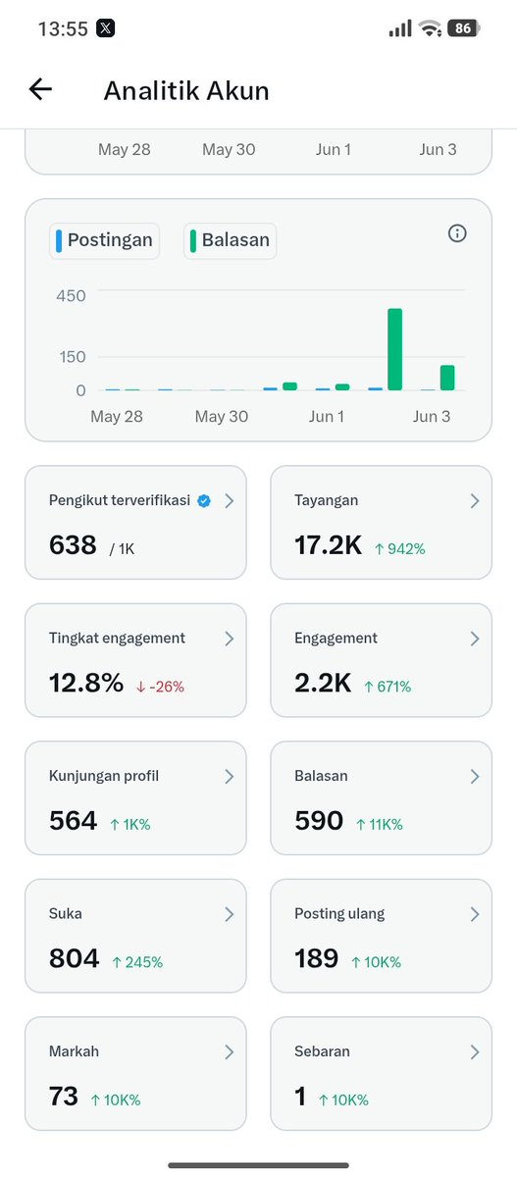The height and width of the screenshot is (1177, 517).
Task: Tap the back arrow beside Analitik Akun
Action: click(x=40, y=89)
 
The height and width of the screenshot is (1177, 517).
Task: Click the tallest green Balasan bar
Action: click(x=395, y=349)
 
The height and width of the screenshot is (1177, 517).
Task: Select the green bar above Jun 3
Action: click(x=447, y=378)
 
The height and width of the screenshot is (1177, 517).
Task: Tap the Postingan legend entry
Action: click(x=105, y=240)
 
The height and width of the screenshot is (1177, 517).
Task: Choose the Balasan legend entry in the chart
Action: click(x=231, y=240)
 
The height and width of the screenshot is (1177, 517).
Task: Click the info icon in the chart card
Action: click(x=457, y=233)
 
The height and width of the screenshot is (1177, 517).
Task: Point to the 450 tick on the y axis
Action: click(x=71, y=296)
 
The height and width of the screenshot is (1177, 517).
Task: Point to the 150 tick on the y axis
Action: click(x=73, y=357)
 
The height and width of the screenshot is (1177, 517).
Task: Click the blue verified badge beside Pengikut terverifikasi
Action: click(x=204, y=501)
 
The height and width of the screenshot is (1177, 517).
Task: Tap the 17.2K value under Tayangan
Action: click(x=328, y=545)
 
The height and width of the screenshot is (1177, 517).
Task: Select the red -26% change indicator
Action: click(x=160, y=687)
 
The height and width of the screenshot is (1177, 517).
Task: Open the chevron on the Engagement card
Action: click(x=475, y=639)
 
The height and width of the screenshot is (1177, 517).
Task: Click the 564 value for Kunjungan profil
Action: click(x=73, y=820)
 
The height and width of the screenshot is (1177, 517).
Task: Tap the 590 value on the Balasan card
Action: click(x=319, y=820)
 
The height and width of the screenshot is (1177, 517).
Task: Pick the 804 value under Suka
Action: click(x=75, y=958)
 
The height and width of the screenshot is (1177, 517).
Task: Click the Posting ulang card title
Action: click(x=339, y=914)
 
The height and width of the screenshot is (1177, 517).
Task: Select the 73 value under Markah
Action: click(x=64, y=1097)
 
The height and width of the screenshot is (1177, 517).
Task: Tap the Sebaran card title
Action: click(x=322, y=1051)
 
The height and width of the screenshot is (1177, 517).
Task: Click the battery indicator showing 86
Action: click(x=463, y=27)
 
